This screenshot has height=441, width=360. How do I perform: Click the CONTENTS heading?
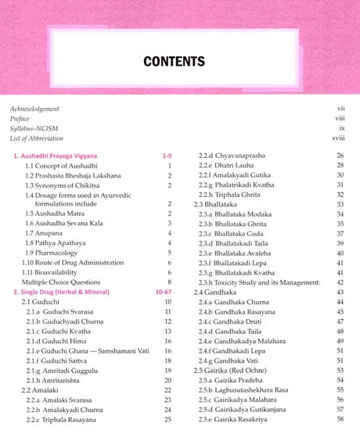(179, 60)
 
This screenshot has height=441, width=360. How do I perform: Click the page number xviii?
(338, 138)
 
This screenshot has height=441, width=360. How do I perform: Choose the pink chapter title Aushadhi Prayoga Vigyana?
(58, 156)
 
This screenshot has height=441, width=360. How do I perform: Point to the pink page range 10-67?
(163, 291)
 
